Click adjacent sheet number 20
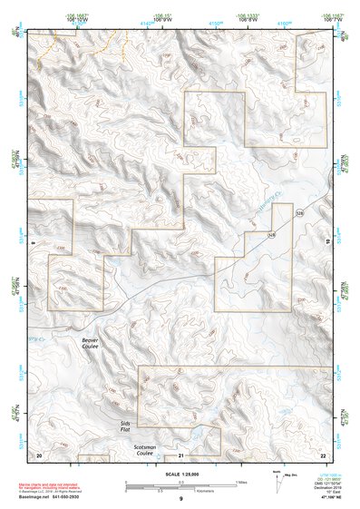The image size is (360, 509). [38, 453]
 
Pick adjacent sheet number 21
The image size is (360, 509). [181, 454]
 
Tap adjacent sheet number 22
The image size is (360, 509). [323, 453]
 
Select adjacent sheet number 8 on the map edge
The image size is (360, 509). [32, 243]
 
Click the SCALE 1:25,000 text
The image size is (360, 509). [180, 474]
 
